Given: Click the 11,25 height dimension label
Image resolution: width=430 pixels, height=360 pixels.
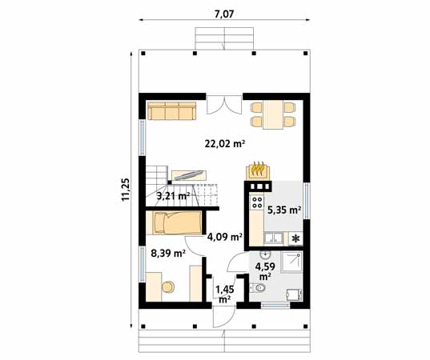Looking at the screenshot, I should pyautogui.click(x=126, y=190).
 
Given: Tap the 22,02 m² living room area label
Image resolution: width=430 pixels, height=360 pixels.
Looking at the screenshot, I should pyautogui.click(x=225, y=144).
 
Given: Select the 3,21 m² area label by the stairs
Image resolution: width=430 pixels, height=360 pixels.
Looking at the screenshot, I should pyautogui.click(x=173, y=195).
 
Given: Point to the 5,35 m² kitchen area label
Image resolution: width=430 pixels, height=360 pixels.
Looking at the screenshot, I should pyautogui.click(x=283, y=211).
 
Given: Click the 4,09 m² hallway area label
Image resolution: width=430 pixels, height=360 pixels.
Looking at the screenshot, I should pyautogui.click(x=224, y=237).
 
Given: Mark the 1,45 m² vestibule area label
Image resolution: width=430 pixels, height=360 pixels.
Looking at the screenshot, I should pyautogui.click(x=224, y=293).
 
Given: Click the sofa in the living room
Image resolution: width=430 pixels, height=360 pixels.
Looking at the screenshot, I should pyautogui.click(x=171, y=110).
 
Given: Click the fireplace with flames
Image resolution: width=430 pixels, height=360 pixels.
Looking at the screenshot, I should pyautogui.click(x=257, y=170).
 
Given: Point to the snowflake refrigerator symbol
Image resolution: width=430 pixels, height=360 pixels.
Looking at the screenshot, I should pyautogui.click(x=295, y=238).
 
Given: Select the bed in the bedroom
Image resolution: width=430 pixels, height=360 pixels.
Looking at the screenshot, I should pyautogui.click(x=174, y=222).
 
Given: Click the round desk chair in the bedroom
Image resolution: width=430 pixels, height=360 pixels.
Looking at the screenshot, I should pyautogui.click(x=168, y=286).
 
